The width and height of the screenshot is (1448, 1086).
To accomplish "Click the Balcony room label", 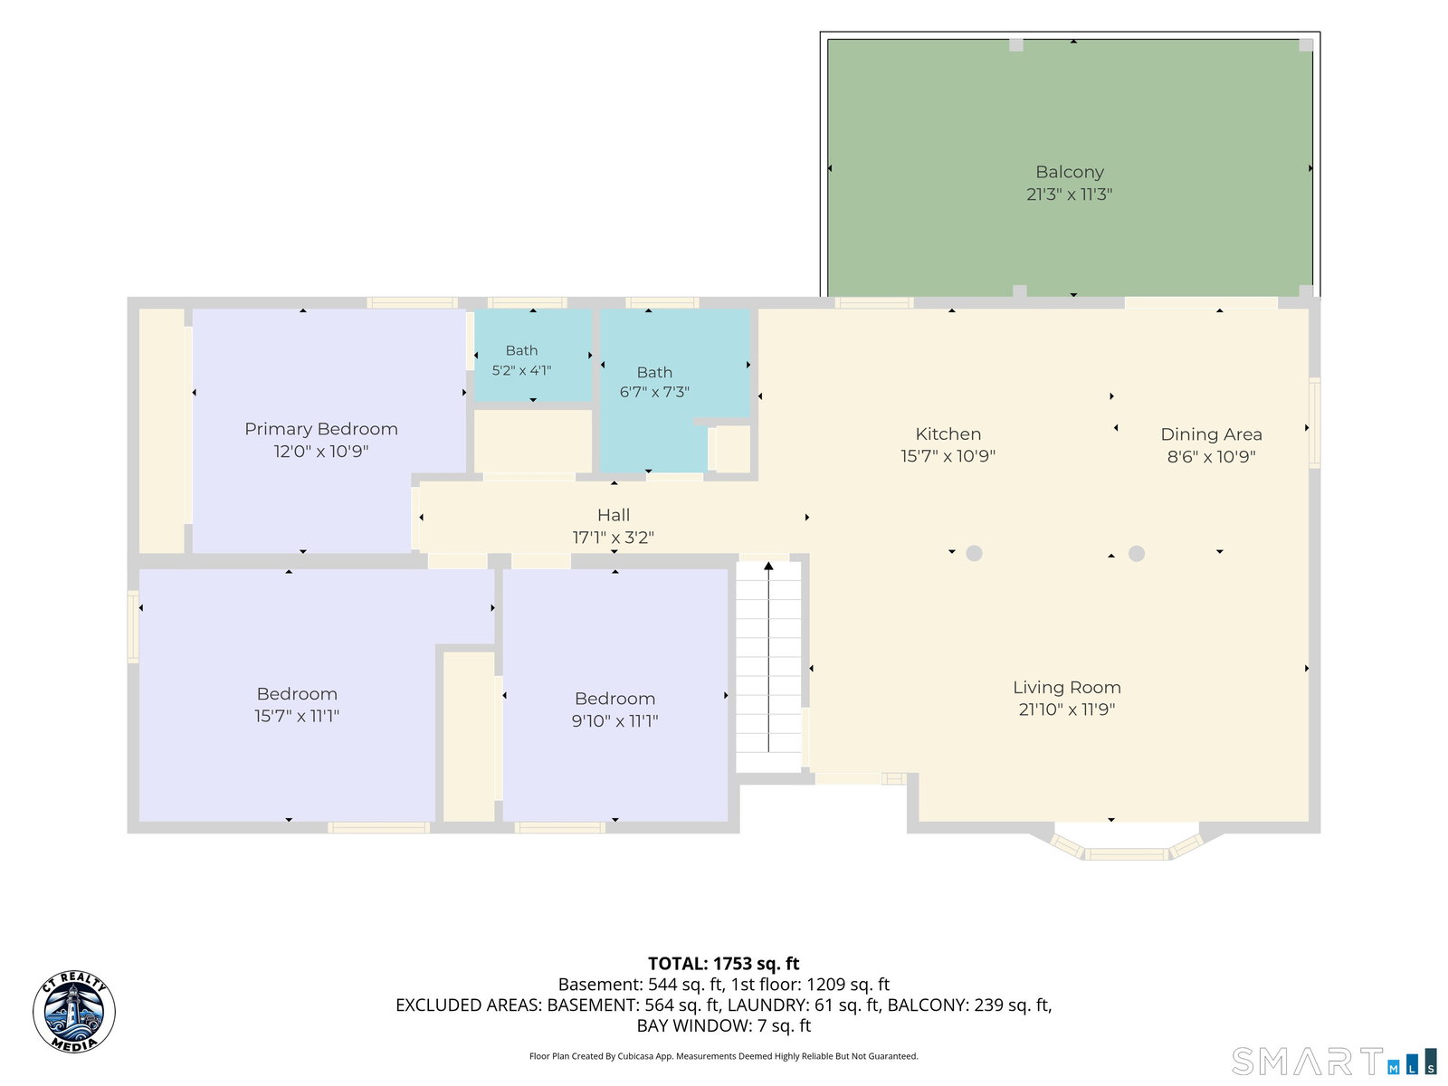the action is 1069,172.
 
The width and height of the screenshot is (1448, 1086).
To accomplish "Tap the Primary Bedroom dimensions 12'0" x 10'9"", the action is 321,452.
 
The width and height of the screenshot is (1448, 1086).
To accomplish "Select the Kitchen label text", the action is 948,433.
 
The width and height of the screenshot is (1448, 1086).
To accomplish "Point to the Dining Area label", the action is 1211,434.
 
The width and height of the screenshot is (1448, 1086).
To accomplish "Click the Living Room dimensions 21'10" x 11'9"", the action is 1067,710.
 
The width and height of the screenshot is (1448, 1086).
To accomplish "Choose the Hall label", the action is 614,515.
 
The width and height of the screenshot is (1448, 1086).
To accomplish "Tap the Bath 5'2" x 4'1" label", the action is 522,360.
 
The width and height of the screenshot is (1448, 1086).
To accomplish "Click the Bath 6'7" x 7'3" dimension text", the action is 654,393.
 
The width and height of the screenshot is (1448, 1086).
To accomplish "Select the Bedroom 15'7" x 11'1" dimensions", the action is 297,716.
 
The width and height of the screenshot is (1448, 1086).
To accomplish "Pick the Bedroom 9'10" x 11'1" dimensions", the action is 614,720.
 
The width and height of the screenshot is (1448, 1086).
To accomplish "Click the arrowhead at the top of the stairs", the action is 768,566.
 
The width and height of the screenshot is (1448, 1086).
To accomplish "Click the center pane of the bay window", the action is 1127,854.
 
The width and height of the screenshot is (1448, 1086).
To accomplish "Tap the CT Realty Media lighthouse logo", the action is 74,1012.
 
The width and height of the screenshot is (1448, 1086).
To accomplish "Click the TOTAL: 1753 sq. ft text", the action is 724,963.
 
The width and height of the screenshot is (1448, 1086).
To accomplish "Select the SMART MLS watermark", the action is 1333,1061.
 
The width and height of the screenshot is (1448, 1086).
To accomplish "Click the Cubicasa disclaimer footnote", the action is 724,1055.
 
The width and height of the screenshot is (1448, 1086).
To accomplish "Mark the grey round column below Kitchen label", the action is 974,553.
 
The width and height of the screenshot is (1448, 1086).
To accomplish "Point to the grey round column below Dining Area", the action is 1136,553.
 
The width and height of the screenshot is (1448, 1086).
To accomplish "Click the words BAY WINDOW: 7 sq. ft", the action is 724,1025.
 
